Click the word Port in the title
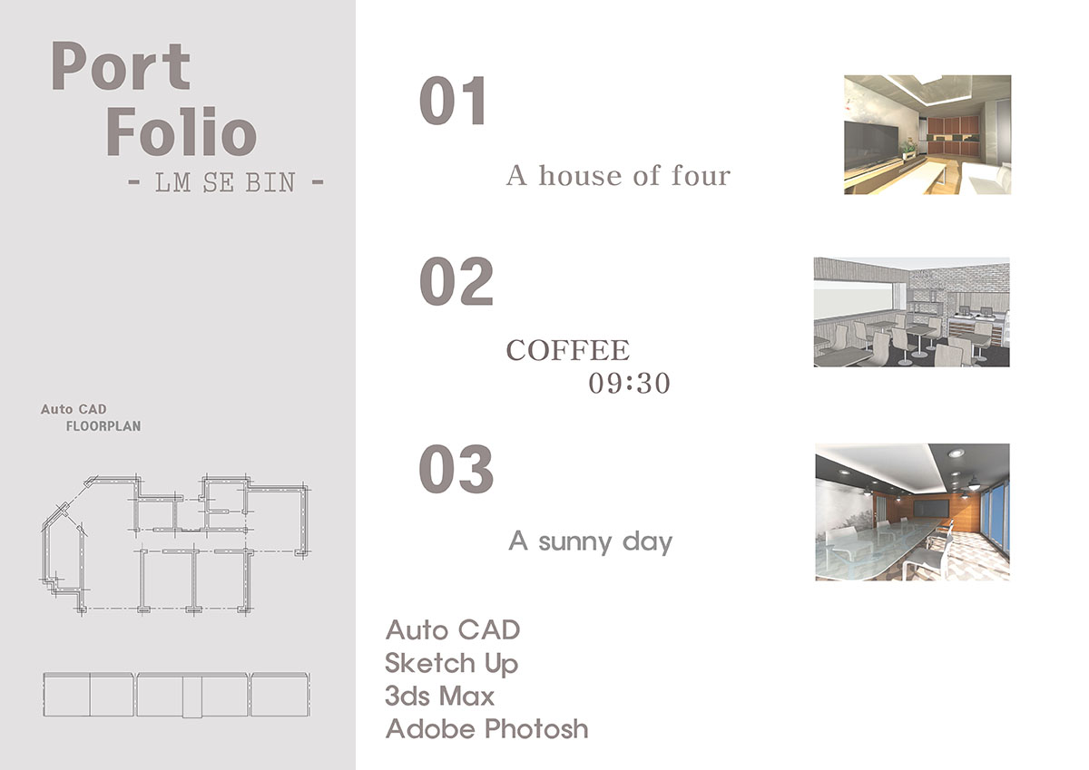click(121, 65)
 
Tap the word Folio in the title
click(181, 132)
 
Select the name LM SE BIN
click(225, 182)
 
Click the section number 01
click(453, 101)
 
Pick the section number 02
click(456, 281)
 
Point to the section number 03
click(456, 468)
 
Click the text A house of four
click(618, 175)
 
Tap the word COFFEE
click(568, 350)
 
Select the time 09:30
click(629, 384)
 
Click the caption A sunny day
click(590, 541)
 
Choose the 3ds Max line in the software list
click(439, 696)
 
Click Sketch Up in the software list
click(451, 664)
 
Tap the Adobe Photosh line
click(486, 728)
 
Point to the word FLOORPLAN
click(103, 426)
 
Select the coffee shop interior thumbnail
click(911, 312)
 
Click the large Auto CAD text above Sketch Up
click(453, 630)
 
